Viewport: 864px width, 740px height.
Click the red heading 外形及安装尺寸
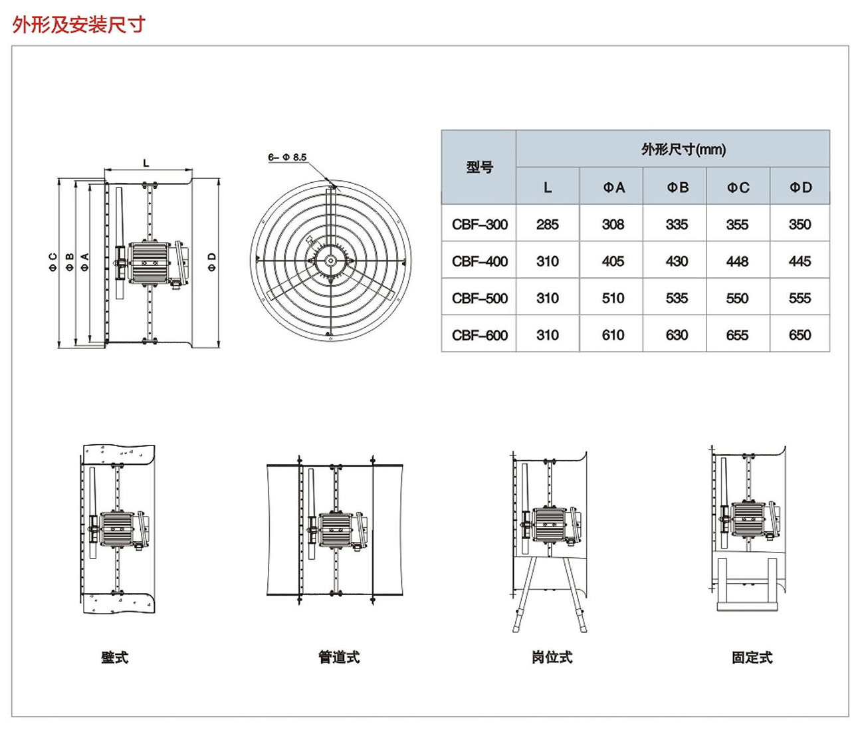click(x=78, y=25)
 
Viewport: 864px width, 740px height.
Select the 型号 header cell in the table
click(x=479, y=167)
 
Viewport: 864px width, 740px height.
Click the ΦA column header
click(x=613, y=187)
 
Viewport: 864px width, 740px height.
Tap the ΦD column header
click(x=800, y=187)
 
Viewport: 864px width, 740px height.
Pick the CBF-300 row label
click(x=479, y=225)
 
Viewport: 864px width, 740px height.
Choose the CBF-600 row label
click(x=479, y=335)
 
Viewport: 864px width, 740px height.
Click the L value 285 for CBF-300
click(x=547, y=225)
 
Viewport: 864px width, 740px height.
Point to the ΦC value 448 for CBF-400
click(x=737, y=261)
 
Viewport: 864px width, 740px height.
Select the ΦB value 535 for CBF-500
click(x=677, y=299)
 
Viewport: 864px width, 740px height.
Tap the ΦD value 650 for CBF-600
click(x=800, y=335)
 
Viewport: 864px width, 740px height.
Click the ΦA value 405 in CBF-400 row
click(x=613, y=261)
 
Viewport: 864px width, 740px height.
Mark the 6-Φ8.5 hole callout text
click(x=287, y=158)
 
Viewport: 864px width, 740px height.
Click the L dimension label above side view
click(x=146, y=163)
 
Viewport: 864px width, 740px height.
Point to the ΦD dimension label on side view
click(x=212, y=262)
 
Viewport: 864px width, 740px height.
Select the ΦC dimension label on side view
click(x=53, y=262)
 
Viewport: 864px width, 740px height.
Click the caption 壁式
click(x=114, y=658)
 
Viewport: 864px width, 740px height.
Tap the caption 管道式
click(x=339, y=658)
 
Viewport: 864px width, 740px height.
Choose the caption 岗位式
click(x=552, y=658)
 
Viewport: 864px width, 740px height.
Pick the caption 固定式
click(x=752, y=658)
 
